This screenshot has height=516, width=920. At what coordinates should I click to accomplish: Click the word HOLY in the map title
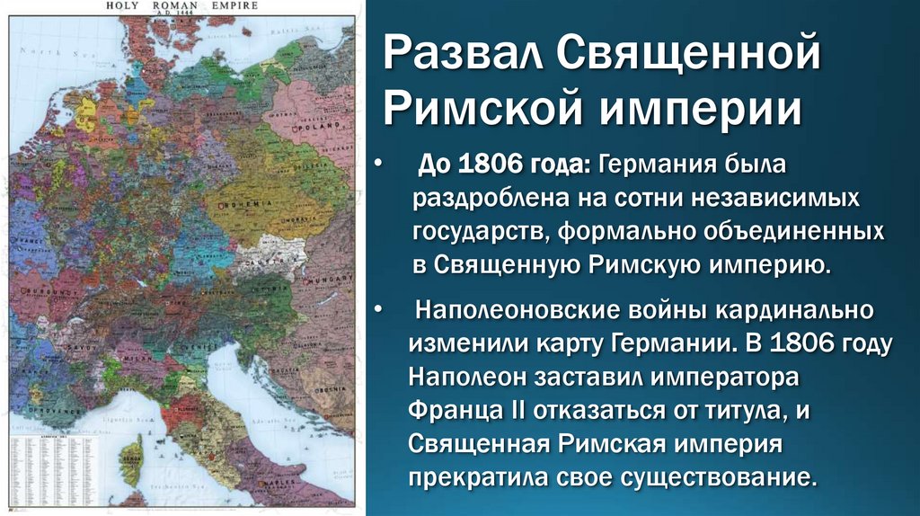[x=125, y=5]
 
